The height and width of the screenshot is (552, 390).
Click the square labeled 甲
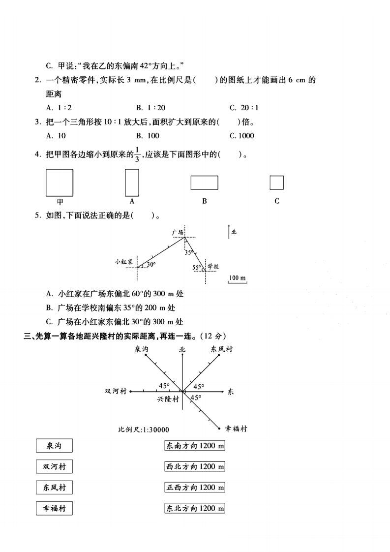[60, 183]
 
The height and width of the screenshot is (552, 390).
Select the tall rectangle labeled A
[132, 183]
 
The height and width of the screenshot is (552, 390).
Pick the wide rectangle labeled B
[204, 183]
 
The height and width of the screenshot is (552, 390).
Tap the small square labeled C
[276, 183]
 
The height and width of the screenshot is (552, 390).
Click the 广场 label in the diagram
[178, 231]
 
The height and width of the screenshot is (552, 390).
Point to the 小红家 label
[124, 262]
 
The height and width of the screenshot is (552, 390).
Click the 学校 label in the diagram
[212, 266]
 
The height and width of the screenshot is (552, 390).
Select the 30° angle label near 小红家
[150, 264]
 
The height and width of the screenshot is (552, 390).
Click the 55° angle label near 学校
[197, 268]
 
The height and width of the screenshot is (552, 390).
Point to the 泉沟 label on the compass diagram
[142, 349]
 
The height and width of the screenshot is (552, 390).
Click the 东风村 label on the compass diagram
[221, 349]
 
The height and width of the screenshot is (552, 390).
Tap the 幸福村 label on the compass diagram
[236, 429]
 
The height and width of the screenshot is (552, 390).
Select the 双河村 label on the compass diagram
[116, 392]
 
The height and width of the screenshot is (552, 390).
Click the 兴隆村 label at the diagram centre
[168, 399]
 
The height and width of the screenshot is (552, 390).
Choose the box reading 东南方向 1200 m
[195, 446]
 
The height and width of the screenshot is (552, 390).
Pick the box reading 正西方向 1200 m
[195, 488]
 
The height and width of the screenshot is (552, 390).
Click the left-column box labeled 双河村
[54, 466]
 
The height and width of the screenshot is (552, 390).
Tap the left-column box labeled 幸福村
[54, 509]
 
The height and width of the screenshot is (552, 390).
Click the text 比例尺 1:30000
[144, 429]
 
